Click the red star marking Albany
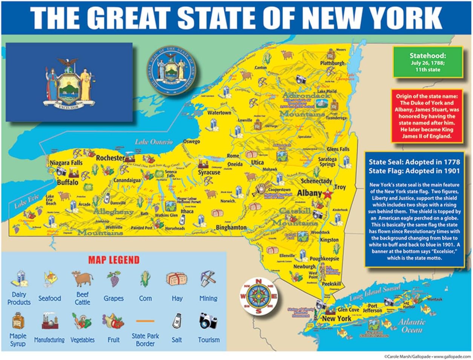[327, 194]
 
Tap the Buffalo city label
[68, 182]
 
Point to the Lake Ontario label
[154, 142]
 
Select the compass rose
[258, 296]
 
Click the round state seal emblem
[172, 70]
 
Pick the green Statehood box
[428, 62]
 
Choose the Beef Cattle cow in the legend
[82, 279]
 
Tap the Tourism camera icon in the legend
[208, 321]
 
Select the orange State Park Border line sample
[145, 321]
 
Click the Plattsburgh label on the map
[332, 63]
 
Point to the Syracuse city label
[209, 172]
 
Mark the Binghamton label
[231, 228]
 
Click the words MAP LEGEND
[114, 260]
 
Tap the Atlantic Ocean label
[410, 326]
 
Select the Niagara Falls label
[66, 163]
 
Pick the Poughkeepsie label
[324, 259]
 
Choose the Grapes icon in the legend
[114, 279]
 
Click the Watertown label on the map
[219, 113]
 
